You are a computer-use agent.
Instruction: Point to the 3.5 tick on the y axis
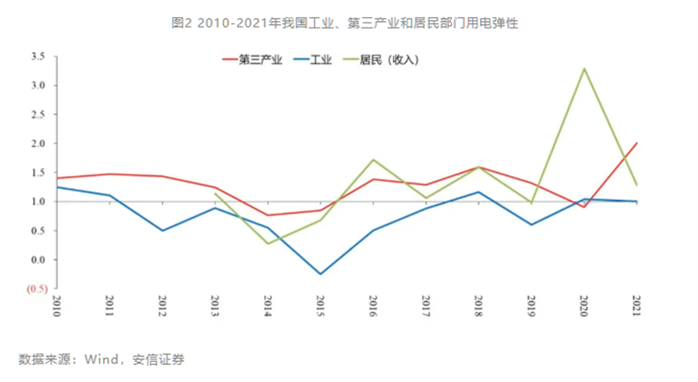pos(38,57)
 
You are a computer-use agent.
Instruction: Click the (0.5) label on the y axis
pos(36,288)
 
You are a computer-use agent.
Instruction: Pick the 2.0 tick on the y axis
pos(38,144)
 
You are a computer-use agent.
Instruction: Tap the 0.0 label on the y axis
pos(38,260)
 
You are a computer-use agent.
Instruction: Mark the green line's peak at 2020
pos(584,69)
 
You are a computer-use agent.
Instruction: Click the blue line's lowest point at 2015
pos(320,275)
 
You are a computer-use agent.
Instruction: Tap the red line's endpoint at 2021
pos(637,143)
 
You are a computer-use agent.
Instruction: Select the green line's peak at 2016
pos(373,160)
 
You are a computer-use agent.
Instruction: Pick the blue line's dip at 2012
pos(162,231)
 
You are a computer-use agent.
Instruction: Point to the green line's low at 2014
pos(268,244)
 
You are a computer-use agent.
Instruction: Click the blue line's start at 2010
pos(56,187)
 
